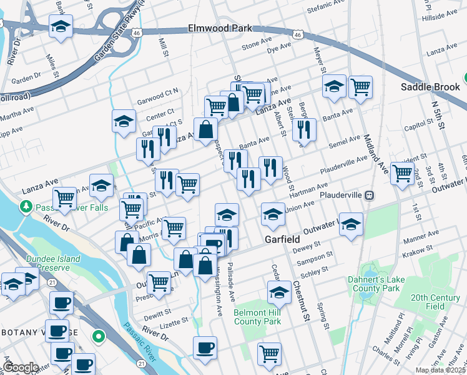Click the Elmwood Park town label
tap(220, 29)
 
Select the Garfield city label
tap(281, 239)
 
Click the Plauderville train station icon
tap(370, 195)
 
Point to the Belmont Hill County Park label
tap(258, 317)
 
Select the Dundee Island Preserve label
tap(53, 263)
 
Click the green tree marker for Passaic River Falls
tap(26, 206)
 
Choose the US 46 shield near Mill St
tap(145, 31)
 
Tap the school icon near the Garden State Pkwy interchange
tap(61, 27)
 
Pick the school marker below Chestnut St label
tap(279, 291)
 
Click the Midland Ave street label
tap(368, 132)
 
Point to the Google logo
tap(21, 368)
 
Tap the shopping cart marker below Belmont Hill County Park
tap(269, 352)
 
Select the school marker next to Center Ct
tap(124, 120)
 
